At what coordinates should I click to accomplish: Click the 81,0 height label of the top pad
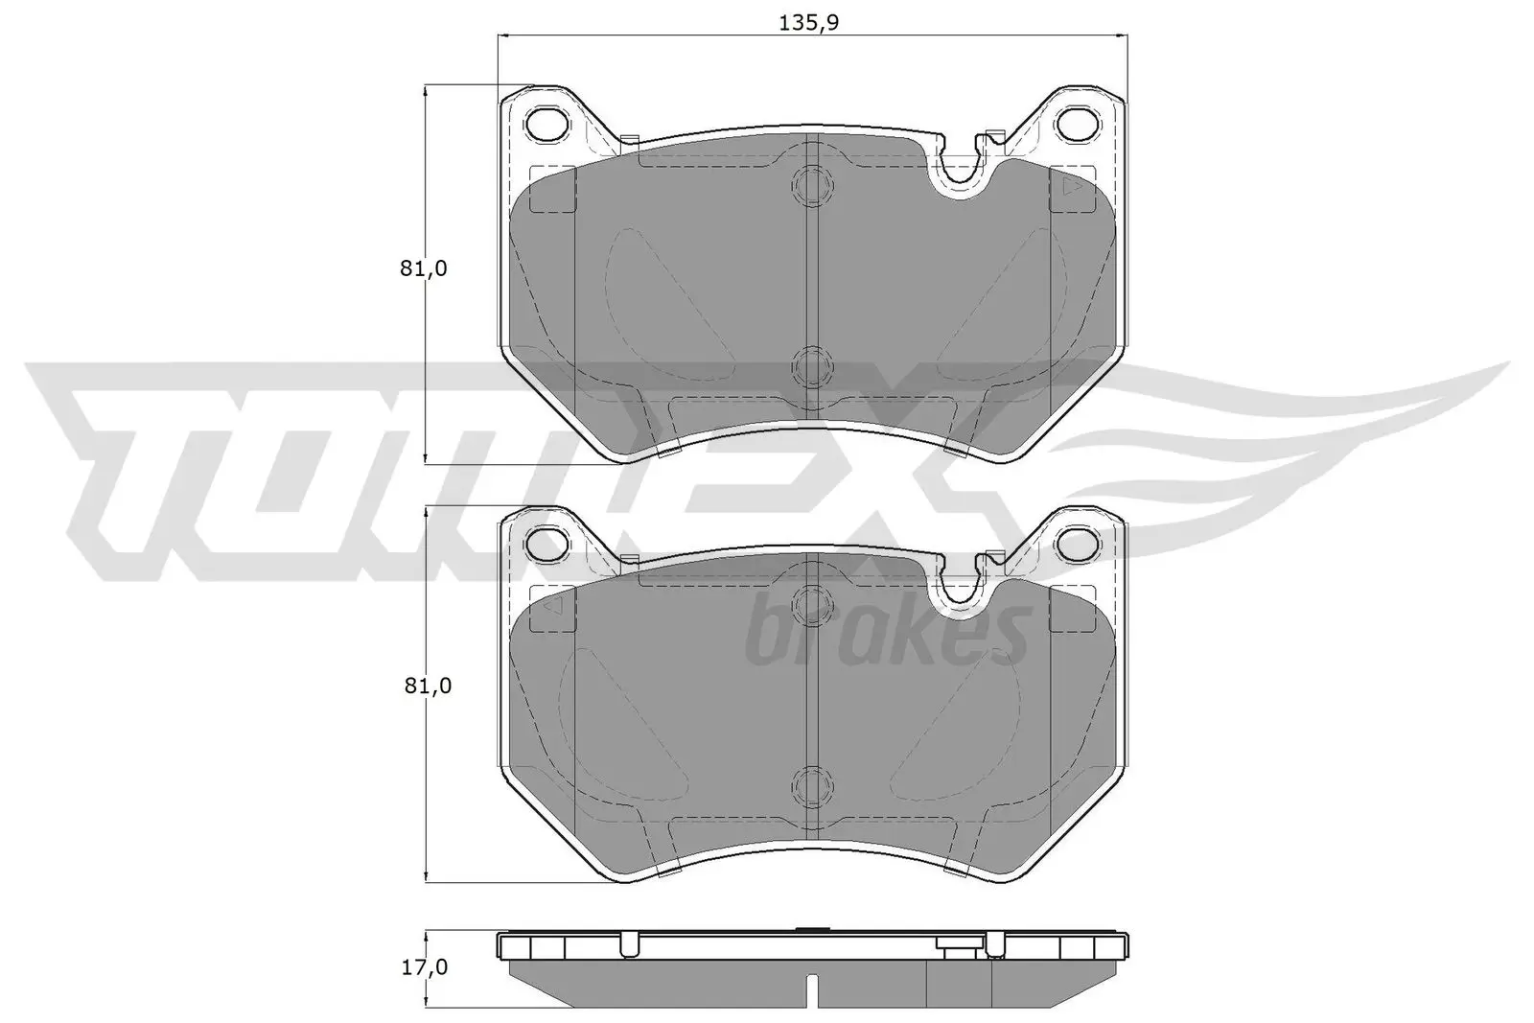pyautogui.click(x=424, y=268)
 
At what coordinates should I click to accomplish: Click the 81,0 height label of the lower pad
pyautogui.click(x=424, y=686)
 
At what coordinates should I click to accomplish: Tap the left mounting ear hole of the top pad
pyautogui.click(x=547, y=124)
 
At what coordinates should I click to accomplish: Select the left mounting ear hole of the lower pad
pyautogui.click(x=547, y=544)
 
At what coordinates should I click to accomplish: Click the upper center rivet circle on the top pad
pyautogui.click(x=811, y=185)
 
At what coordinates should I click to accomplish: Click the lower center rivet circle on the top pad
pyautogui.click(x=811, y=365)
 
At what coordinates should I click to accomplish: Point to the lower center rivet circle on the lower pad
pyautogui.click(x=811, y=783)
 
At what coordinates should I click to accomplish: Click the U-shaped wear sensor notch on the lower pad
pyautogui.click(x=959, y=587)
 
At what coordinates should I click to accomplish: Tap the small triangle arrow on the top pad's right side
pyautogui.click(x=1072, y=189)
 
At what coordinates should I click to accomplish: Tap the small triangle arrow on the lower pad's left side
pyautogui.click(x=549, y=607)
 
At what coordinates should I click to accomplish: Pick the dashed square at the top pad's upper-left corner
pyautogui.click(x=552, y=189)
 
